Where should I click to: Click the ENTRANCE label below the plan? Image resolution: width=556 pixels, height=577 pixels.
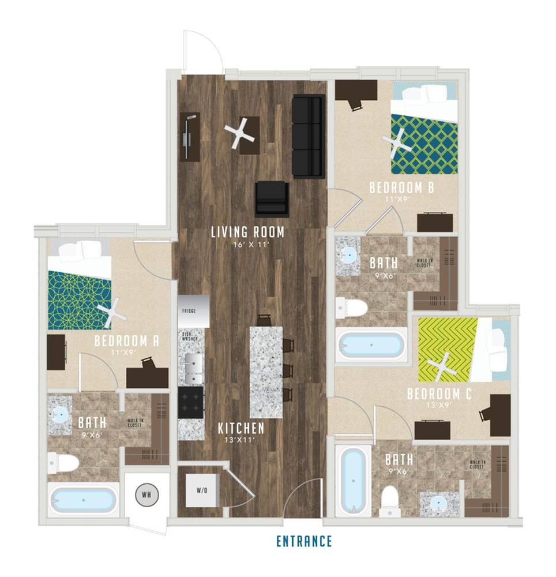tap(304, 541)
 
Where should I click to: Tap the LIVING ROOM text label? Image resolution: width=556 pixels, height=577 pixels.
tap(247, 233)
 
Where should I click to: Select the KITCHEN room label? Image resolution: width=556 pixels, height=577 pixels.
tap(241, 428)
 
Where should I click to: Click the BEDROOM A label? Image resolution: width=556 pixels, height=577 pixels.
tap(126, 340)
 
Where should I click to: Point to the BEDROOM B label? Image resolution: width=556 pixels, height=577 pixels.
tap(401, 188)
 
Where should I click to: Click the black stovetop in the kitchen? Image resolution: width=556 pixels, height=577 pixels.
tap(191, 402)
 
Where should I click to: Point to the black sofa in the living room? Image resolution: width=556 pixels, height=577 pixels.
tap(308, 136)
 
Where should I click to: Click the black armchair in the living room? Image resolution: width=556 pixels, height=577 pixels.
tap(272, 198)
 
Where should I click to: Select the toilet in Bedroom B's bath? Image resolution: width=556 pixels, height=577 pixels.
tap(352, 307)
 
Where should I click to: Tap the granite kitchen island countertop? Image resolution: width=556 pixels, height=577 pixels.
tap(266, 372)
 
